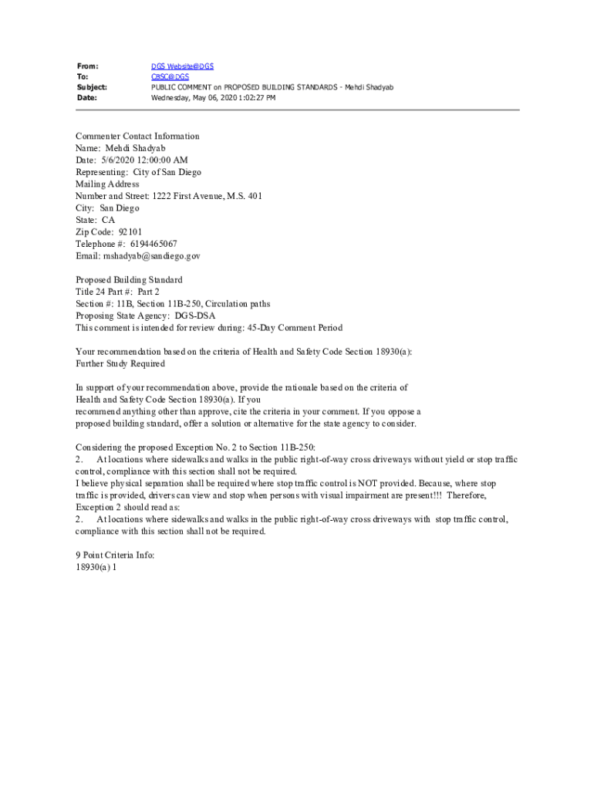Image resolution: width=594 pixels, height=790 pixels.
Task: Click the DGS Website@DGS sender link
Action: click(182, 67)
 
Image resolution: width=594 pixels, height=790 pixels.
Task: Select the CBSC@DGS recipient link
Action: click(170, 77)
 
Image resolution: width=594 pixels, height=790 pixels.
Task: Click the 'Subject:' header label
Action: click(92, 88)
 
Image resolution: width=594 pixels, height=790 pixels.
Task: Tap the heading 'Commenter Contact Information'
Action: click(137, 137)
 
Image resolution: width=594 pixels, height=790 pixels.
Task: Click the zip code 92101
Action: click(130, 232)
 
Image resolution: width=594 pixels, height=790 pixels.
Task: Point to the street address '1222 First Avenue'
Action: click(188, 196)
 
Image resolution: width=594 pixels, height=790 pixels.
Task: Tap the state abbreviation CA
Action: click(108, 220)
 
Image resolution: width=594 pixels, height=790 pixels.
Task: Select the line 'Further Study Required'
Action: click(120, 363)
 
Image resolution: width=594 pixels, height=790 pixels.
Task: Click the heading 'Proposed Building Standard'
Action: click(129, 280)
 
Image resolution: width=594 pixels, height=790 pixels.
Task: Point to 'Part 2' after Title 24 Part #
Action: click(148, 292)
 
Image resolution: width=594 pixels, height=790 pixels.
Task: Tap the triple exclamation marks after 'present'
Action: click(434, 495)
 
